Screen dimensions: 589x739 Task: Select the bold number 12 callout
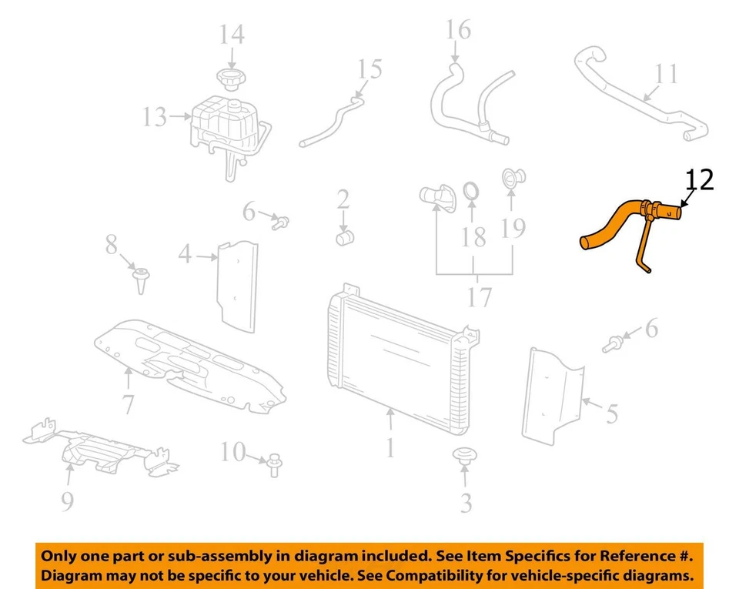(x=700, y=179)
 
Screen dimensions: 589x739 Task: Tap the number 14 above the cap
(x=232, y=35)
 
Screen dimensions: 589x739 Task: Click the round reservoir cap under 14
(x=231, y=78)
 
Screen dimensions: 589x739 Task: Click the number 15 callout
(x=369, y=69)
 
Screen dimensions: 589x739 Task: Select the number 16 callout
(x=458, y=30)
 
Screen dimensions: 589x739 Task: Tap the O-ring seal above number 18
(x=473, y=189)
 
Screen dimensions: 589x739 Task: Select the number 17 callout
(x=479, y=296)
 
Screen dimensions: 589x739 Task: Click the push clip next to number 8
(x=142, y=278)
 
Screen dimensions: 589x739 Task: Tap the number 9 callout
(x=67, y=502)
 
